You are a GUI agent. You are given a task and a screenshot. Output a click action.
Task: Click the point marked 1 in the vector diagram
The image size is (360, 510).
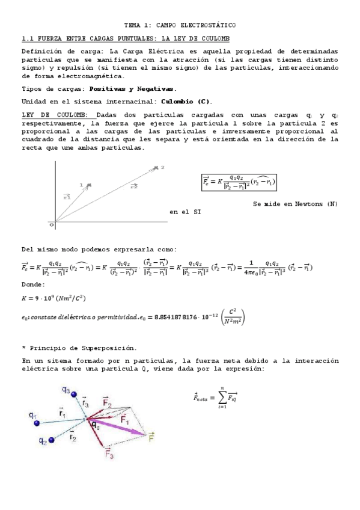click(88, 185)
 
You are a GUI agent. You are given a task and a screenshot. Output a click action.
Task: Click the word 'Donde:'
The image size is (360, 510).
click(33, 284)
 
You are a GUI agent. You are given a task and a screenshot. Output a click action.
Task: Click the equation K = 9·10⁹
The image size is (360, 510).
click(59, 297)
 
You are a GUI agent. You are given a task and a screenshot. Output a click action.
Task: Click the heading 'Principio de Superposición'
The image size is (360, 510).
click(81, 348)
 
